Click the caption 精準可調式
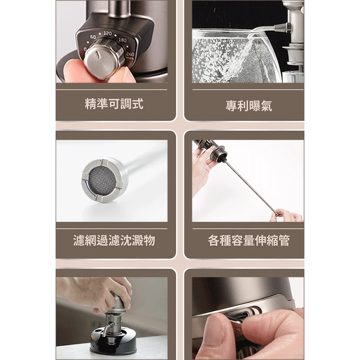coord(114,104)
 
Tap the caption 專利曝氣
coord(249,106)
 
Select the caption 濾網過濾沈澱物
coord(114,241)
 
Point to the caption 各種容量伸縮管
coord(249,241)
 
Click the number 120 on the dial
coord(107,33)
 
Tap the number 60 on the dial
coord(93,37)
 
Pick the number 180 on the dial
coord(122,40)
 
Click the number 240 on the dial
coord(130,55)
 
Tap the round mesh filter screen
coord(102,179)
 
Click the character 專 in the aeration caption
coord(231,106)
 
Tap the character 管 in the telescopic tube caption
coord(284,241)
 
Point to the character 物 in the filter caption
coord(149,241)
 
